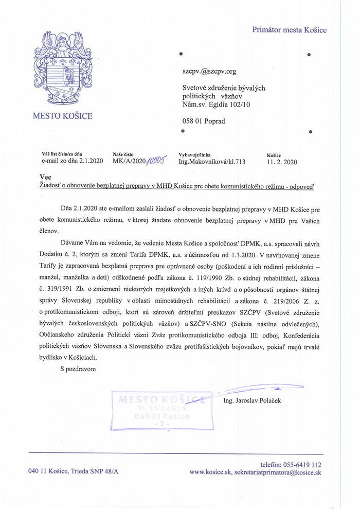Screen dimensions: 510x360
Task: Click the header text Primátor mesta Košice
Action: point(289,30)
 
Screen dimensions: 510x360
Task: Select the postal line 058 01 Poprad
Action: point(204,121)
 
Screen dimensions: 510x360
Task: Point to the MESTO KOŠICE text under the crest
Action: point(63,116)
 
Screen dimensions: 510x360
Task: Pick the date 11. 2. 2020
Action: point(282,162)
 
